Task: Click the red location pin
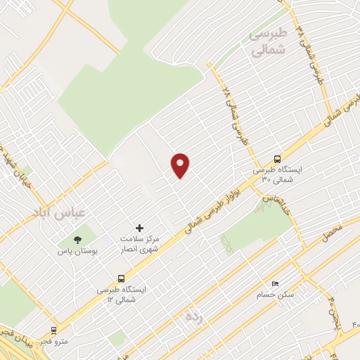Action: (x=181, y=165)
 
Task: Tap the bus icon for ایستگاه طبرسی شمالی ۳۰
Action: (x=277, y=159)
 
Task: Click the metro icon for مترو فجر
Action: (x=53, y=330)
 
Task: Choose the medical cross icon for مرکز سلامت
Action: (x=139, y=228)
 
